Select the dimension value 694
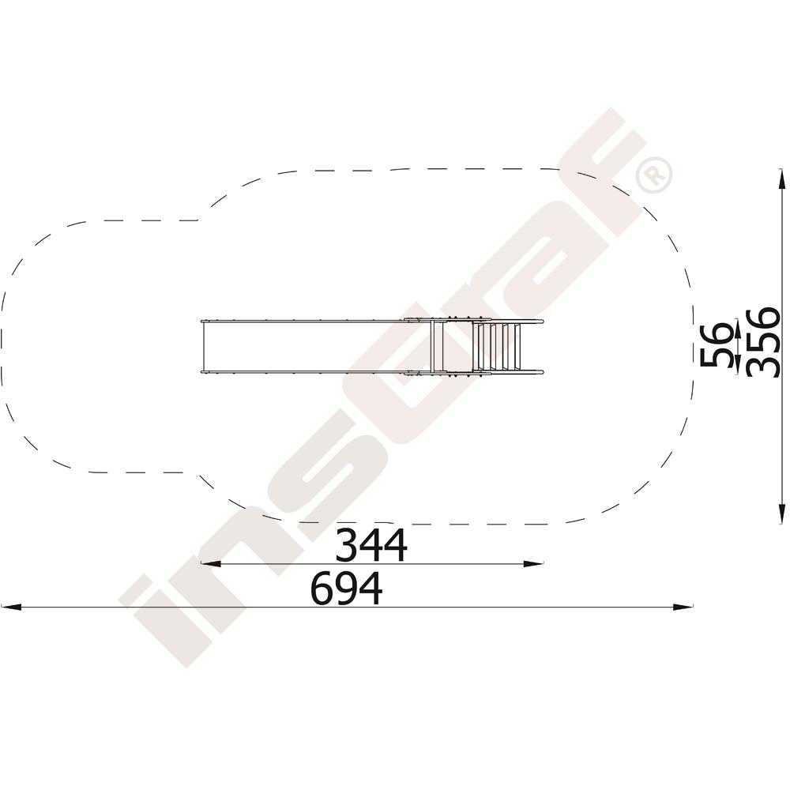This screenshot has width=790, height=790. click(347, 589)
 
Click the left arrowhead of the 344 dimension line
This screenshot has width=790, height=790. click(211, 564)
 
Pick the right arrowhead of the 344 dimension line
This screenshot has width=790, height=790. click(533, 564)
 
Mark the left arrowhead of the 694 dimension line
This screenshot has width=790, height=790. click(11, 607)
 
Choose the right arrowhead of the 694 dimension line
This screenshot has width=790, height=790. click(683, 607)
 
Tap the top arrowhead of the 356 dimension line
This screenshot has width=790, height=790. click(781, 180)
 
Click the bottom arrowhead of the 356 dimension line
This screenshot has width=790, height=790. click(781, 513)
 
